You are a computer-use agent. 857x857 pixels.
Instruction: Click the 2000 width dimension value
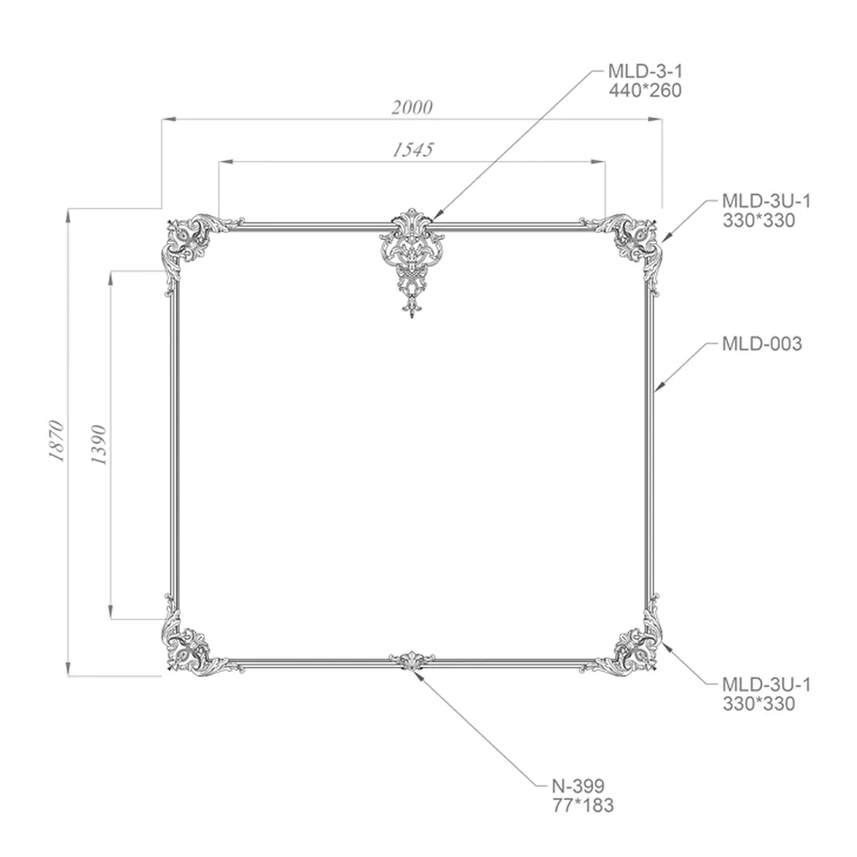tap(412, 107)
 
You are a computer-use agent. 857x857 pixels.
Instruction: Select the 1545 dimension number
tap(413, 149)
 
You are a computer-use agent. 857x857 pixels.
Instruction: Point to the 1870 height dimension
tap(57, 442)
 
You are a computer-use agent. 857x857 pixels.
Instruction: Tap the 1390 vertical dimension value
tap(99, 444)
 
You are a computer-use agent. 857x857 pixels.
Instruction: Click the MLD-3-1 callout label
tap(645, 71)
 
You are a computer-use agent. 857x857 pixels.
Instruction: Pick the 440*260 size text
tap(645, 90)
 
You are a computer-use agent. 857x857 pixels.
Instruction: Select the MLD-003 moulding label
tap(762, 344)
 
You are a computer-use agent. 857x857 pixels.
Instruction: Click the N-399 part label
tap(578, 786)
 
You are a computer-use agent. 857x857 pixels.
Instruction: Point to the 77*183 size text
tap(583, 805)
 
